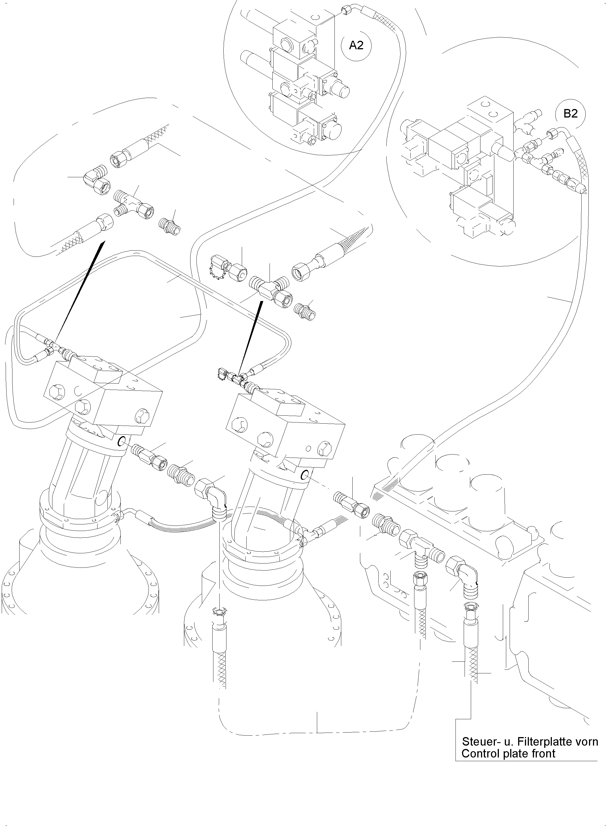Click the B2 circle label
click(x=570, y=114)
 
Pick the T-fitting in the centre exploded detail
click(x=270, y=288)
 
